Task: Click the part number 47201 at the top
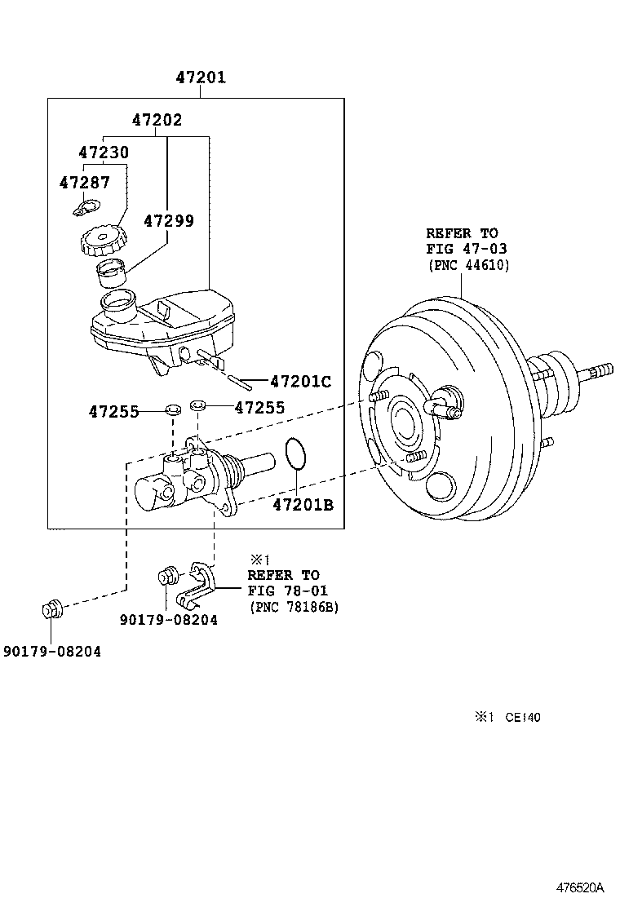(201, 77)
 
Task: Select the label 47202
(157, 120)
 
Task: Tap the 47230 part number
(104, 153)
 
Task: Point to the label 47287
(85, 182)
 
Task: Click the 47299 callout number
(169, 220)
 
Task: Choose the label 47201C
(301, 381)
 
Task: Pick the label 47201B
(303, 504)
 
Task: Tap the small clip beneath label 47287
(86, 207)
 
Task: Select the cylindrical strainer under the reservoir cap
(113, 273)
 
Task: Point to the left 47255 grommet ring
(173, 410)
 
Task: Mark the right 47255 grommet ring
(198, 403)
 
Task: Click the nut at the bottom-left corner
(51, 609)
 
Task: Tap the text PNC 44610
(469, 265)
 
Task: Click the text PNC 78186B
(294, 607)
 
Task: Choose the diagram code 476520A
(580, 887)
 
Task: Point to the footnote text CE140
(523, 717)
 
